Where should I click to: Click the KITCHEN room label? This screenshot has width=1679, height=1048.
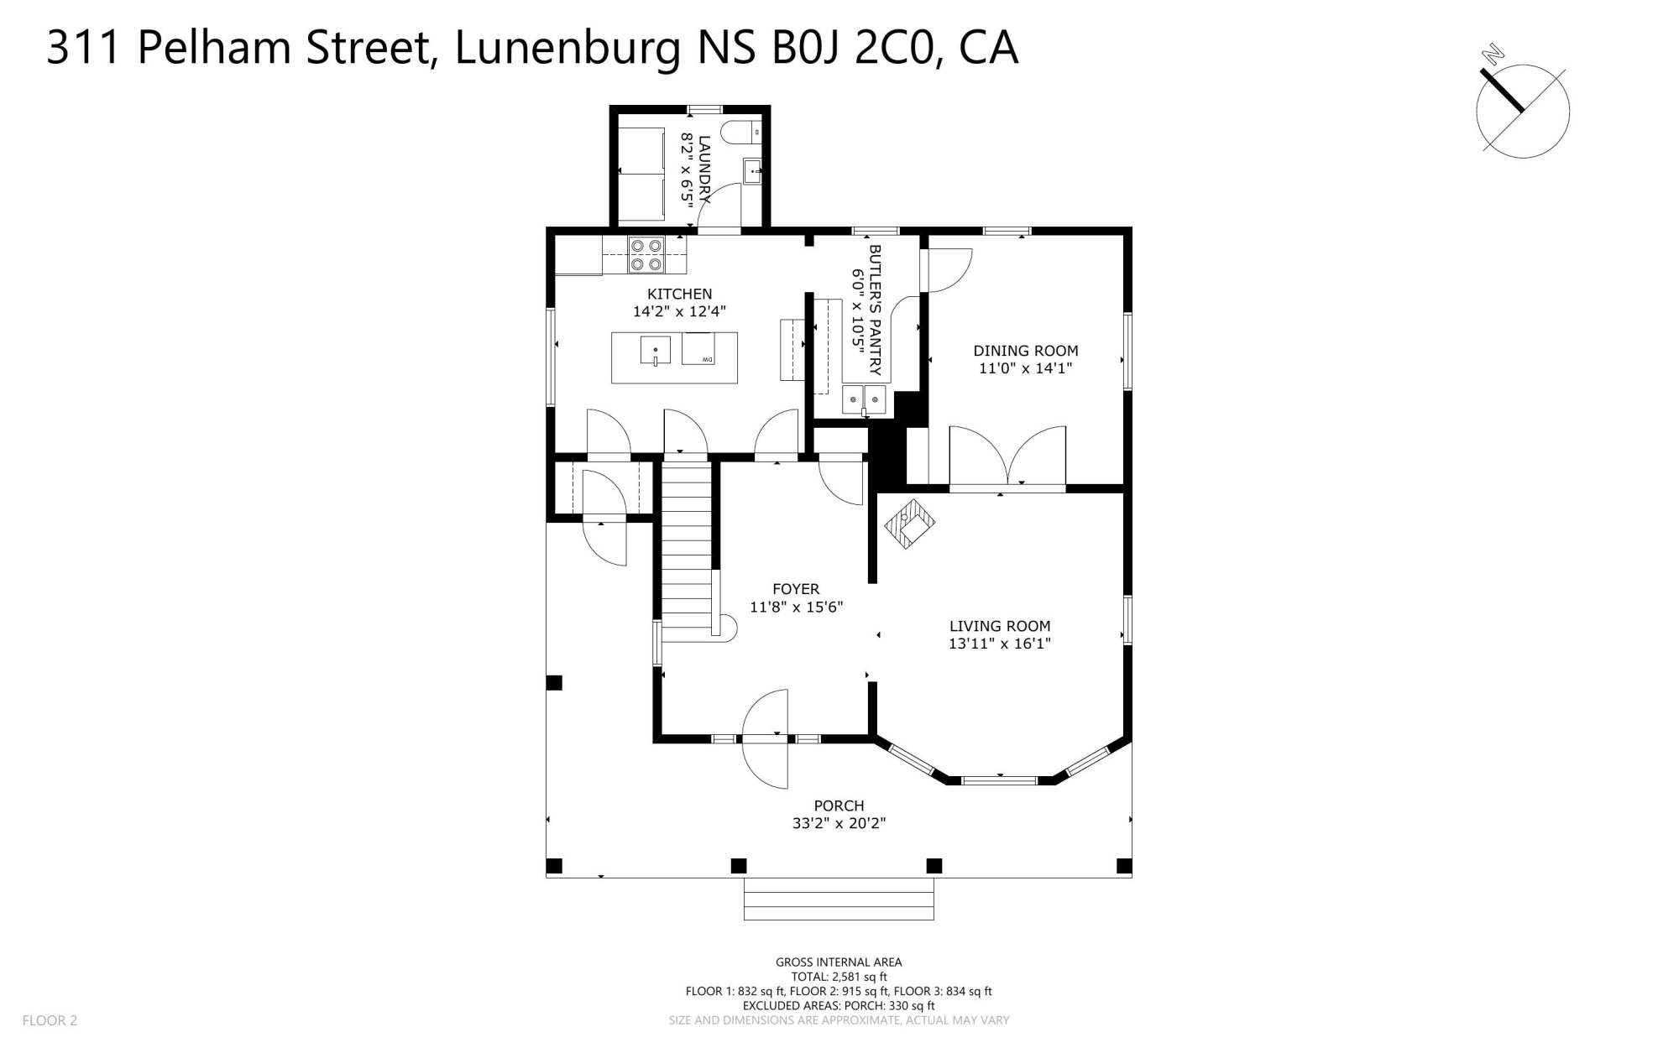679,294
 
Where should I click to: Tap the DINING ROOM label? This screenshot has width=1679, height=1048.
1026,351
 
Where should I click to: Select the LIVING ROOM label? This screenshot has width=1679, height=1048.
1000,626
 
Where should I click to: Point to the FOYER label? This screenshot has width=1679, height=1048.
796,589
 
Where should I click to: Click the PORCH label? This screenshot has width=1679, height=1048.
839,806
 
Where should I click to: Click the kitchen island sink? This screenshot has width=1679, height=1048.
656,350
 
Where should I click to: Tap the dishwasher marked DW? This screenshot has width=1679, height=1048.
698,349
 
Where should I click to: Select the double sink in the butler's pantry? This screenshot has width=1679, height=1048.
864,399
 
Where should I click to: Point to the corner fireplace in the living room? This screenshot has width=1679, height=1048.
909,524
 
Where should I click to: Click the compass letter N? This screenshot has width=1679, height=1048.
1493,55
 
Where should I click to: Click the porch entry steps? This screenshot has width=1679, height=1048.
839,899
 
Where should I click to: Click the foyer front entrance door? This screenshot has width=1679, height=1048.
766,738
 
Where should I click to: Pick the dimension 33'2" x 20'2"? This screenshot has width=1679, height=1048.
839,823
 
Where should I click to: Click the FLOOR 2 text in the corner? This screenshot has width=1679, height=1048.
50,1020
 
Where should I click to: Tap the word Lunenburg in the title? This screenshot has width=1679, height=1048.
568,47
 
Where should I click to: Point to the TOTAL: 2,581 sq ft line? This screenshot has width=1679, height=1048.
839,977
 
